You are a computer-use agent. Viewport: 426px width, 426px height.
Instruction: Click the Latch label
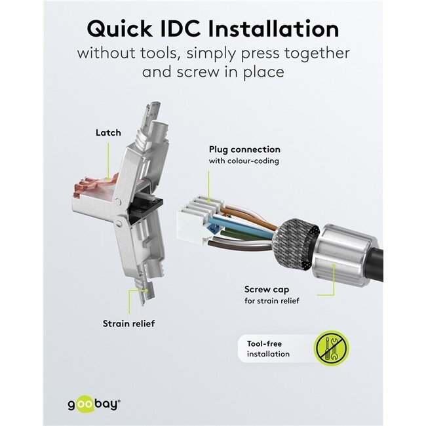click(108, 132)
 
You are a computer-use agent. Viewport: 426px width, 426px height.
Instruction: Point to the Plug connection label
click(244, 149)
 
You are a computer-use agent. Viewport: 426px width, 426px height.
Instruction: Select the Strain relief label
click(129, 323)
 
